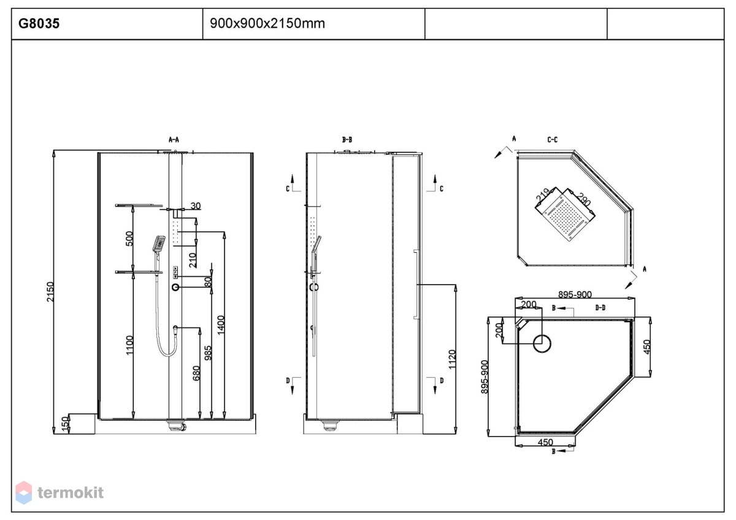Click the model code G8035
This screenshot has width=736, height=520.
[39, 23]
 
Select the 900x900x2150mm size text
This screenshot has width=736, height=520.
[267, 23]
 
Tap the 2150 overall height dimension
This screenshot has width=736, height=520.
[50, 292]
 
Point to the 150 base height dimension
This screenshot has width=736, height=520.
[66, 424]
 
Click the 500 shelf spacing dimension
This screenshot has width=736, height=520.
[129, 239]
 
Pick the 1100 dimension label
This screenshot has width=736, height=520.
[129, 345]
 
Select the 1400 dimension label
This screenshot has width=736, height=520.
[221, 325]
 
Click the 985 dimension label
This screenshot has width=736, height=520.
[208, 353]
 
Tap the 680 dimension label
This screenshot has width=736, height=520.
[196, 373]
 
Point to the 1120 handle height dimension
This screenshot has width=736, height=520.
[452, 359]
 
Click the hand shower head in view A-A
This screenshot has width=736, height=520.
[159, 243]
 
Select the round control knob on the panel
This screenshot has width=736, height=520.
[175, 288]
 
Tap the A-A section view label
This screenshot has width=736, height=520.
[174, 140]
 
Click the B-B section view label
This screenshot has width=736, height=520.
[347, 140]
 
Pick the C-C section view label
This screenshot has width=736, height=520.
[553, 140]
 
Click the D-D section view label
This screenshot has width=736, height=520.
[600, 307]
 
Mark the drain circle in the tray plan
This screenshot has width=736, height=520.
[542, 343]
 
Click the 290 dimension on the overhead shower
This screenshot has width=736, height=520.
[583, 199]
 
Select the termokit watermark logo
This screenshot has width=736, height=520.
[59, 492]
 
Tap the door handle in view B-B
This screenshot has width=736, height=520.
[416, 284]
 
